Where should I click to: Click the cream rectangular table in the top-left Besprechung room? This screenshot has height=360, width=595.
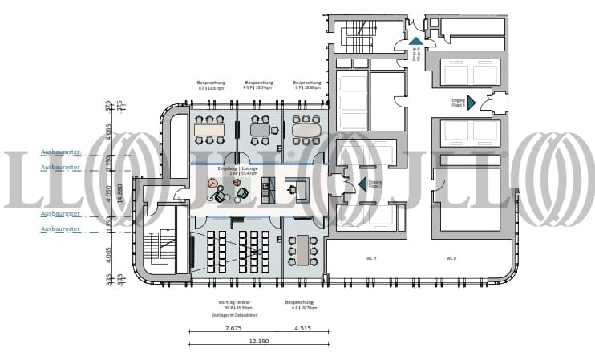pos(209,130)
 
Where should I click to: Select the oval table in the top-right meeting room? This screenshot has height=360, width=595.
pos(305,128)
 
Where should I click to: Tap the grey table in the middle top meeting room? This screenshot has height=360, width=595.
pos(260,129)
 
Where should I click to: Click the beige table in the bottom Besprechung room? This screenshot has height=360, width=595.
pos(302,250)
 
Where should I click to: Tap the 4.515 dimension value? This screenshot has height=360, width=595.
pos(302,327)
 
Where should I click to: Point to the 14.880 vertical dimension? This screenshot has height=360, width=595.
pos(120,191)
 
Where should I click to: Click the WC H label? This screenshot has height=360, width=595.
pos(371,257)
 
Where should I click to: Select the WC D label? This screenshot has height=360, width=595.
pos(451,257)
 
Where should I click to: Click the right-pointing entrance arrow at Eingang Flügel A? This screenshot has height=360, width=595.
pos(471,103)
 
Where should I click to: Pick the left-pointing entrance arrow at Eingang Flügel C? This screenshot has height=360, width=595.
pos(362,184)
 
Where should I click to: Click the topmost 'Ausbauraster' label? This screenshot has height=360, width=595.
pos(60,152)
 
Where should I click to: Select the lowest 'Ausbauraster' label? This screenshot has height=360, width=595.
pos(60,229)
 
